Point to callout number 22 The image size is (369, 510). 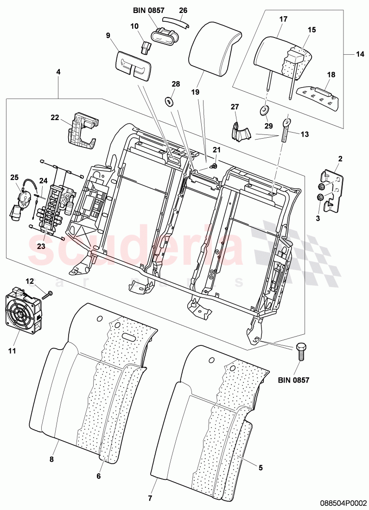(x=54, y=118)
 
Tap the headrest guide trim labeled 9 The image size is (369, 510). (x=133, y=63)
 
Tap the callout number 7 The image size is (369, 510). (x=150, y=498)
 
